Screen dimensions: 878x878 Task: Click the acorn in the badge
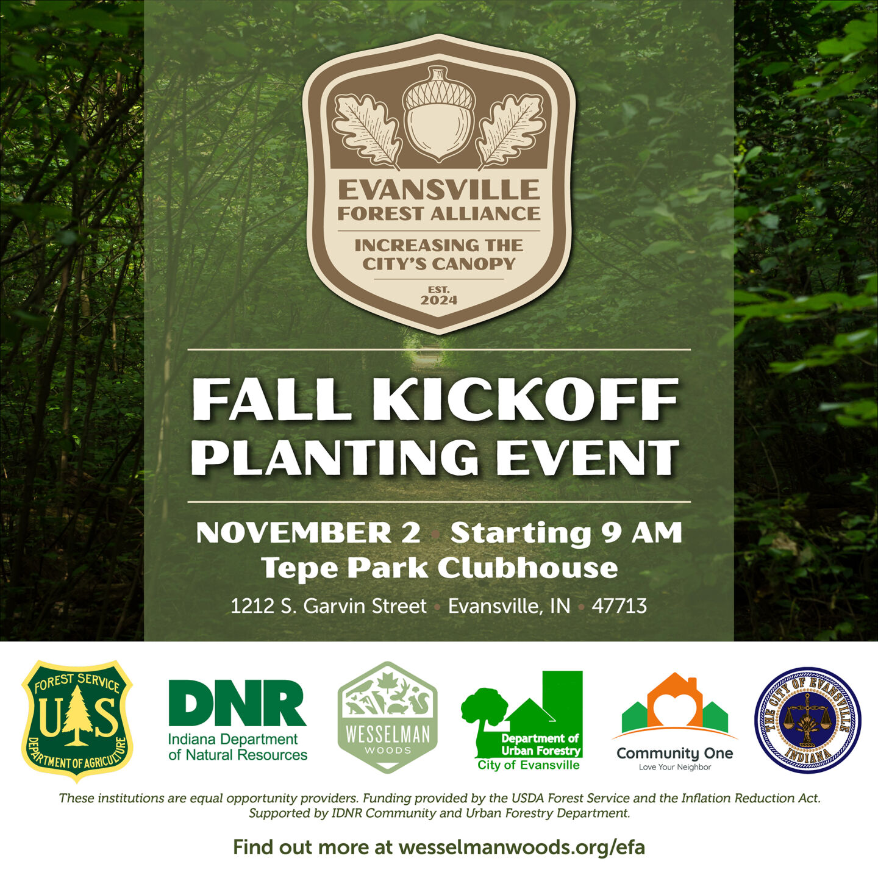pos(438,114)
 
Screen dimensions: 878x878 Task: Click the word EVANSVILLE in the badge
pos(438,190)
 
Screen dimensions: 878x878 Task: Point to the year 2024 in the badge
pos(438,300)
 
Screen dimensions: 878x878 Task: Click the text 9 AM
pos(641,533)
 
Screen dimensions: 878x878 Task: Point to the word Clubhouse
pos(528,568)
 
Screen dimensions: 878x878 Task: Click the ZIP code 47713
pos(619,606)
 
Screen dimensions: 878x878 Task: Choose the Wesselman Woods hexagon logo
pos(388,717)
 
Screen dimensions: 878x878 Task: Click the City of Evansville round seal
pos(807,720)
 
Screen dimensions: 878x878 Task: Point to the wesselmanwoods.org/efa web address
pos(521,847)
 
